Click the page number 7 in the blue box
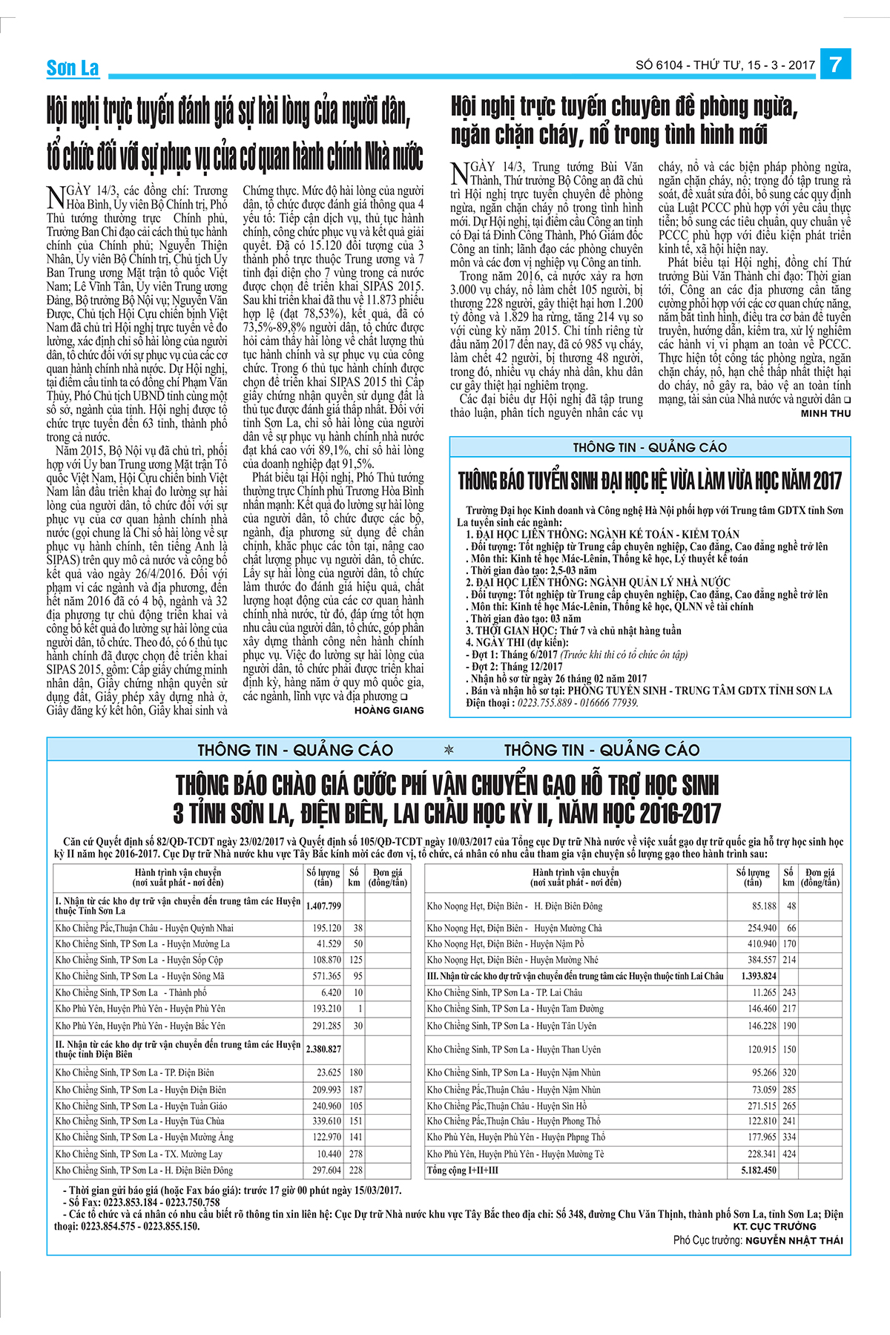point(835,65)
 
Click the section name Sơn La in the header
point(72,68)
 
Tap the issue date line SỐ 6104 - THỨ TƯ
point(725,65)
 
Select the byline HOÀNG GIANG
point(389,710)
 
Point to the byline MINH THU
point(825,413)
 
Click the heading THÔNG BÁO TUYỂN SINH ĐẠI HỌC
point(650,481)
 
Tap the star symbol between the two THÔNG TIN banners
point(448,750)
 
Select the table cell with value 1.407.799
point(323,906)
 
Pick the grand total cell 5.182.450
point(758,1170)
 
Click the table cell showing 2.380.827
point(323,1049)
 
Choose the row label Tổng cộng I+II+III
point(463,1170)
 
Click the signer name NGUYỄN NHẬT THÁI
point(794,1240)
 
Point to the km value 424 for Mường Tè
point(788,1154)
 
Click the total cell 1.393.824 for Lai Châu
point(758,976)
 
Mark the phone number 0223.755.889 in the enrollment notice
point(544,702)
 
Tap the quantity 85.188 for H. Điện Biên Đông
point(764,906)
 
